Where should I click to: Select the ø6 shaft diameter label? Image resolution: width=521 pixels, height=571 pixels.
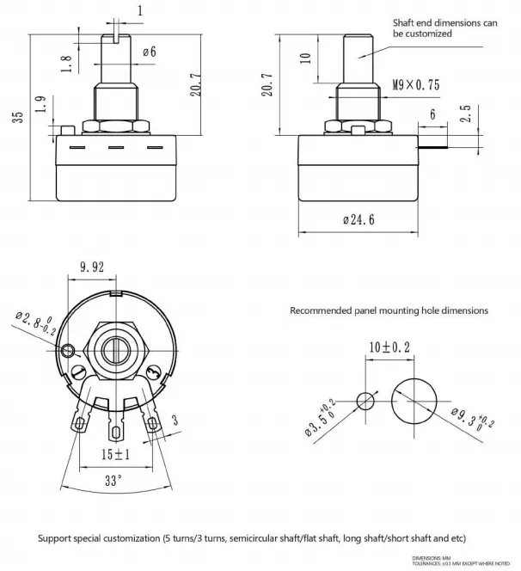(x=150, y=52)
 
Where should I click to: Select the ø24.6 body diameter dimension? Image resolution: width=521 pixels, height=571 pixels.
(x=360, y=221)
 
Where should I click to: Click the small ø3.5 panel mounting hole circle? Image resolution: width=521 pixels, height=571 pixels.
(x=366, y=401)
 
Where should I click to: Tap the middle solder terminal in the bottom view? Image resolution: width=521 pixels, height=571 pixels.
(x=116, y=427)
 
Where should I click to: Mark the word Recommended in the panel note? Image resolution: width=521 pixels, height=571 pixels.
(x=323, y=310)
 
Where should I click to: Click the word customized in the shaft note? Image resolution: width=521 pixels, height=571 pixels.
(x=423, y=34)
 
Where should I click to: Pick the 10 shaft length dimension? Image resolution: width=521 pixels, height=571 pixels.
(x=304, y=58)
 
